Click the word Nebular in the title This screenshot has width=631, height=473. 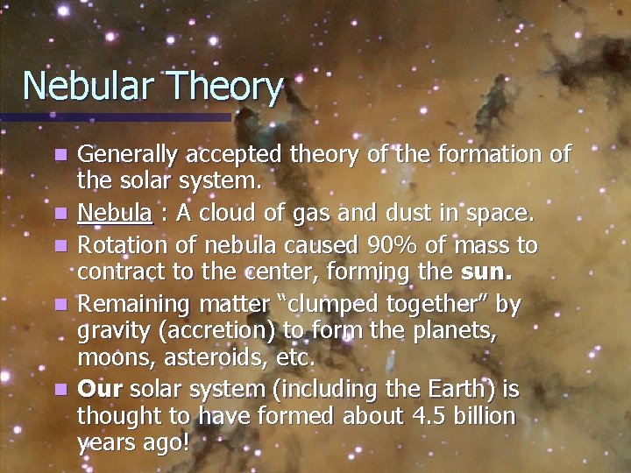pyautogui.click(x=86, y=86)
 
